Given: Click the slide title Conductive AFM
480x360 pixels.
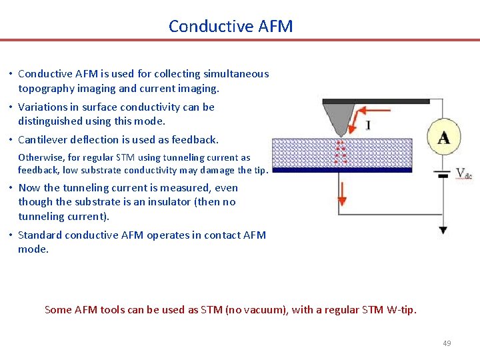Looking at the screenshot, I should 231,26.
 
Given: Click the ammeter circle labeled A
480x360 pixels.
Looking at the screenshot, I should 443,137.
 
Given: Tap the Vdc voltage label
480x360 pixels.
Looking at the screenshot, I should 463,174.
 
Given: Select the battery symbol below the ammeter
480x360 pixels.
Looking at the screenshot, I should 443,175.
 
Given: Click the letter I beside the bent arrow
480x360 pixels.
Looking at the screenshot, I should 368,125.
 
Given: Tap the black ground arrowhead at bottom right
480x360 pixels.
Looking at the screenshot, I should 443,230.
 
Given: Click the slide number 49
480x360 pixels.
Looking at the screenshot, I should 447,343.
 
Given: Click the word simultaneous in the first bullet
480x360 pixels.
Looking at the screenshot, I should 236,74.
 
